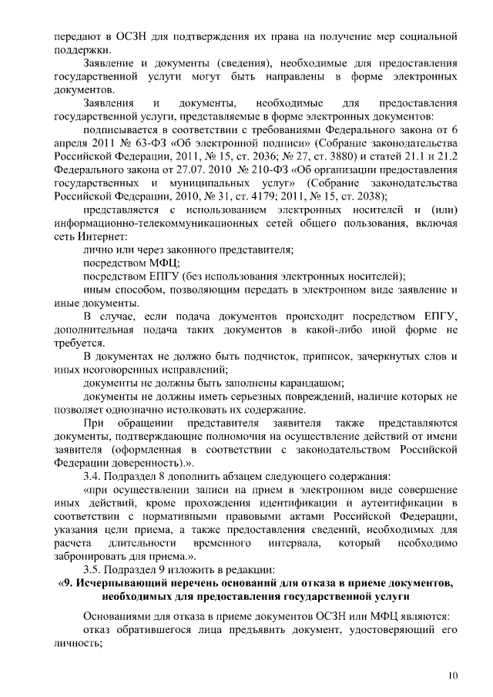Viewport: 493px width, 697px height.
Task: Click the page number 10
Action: click(452, 675)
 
